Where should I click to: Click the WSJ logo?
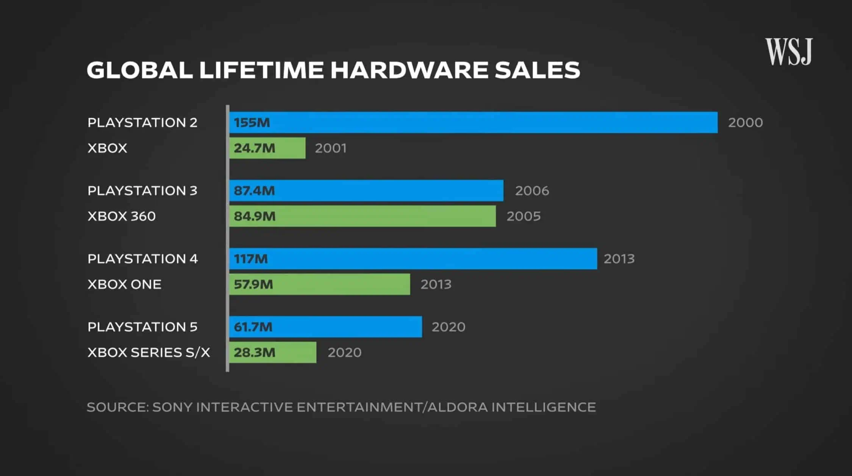click(x=789, y=52)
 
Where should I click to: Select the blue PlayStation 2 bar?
click(x=474, y=122)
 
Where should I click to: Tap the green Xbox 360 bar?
click(x=362, y=216)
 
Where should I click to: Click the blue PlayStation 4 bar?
click(x=413, y=259)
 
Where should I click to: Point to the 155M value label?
click(x=252, y=123)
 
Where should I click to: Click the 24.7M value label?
click(x=254, y=148)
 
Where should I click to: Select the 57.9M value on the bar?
click(x=253, y=284)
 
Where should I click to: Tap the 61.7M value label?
click(x=253, y=327)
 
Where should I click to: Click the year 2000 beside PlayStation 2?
click(x=745, y=123)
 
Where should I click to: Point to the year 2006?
click(x=532, y=191)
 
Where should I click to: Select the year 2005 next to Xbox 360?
click(x=524, y=216)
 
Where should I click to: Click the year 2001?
click(x=331, y=148)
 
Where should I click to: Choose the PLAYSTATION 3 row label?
click(x=142, y=191)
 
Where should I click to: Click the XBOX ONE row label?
click(x=124, y=284)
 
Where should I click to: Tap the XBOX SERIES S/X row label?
click(x=149, y=353)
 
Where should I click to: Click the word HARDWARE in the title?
click(x=409, y=70)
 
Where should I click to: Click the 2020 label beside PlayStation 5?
click(x=449, y=327)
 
